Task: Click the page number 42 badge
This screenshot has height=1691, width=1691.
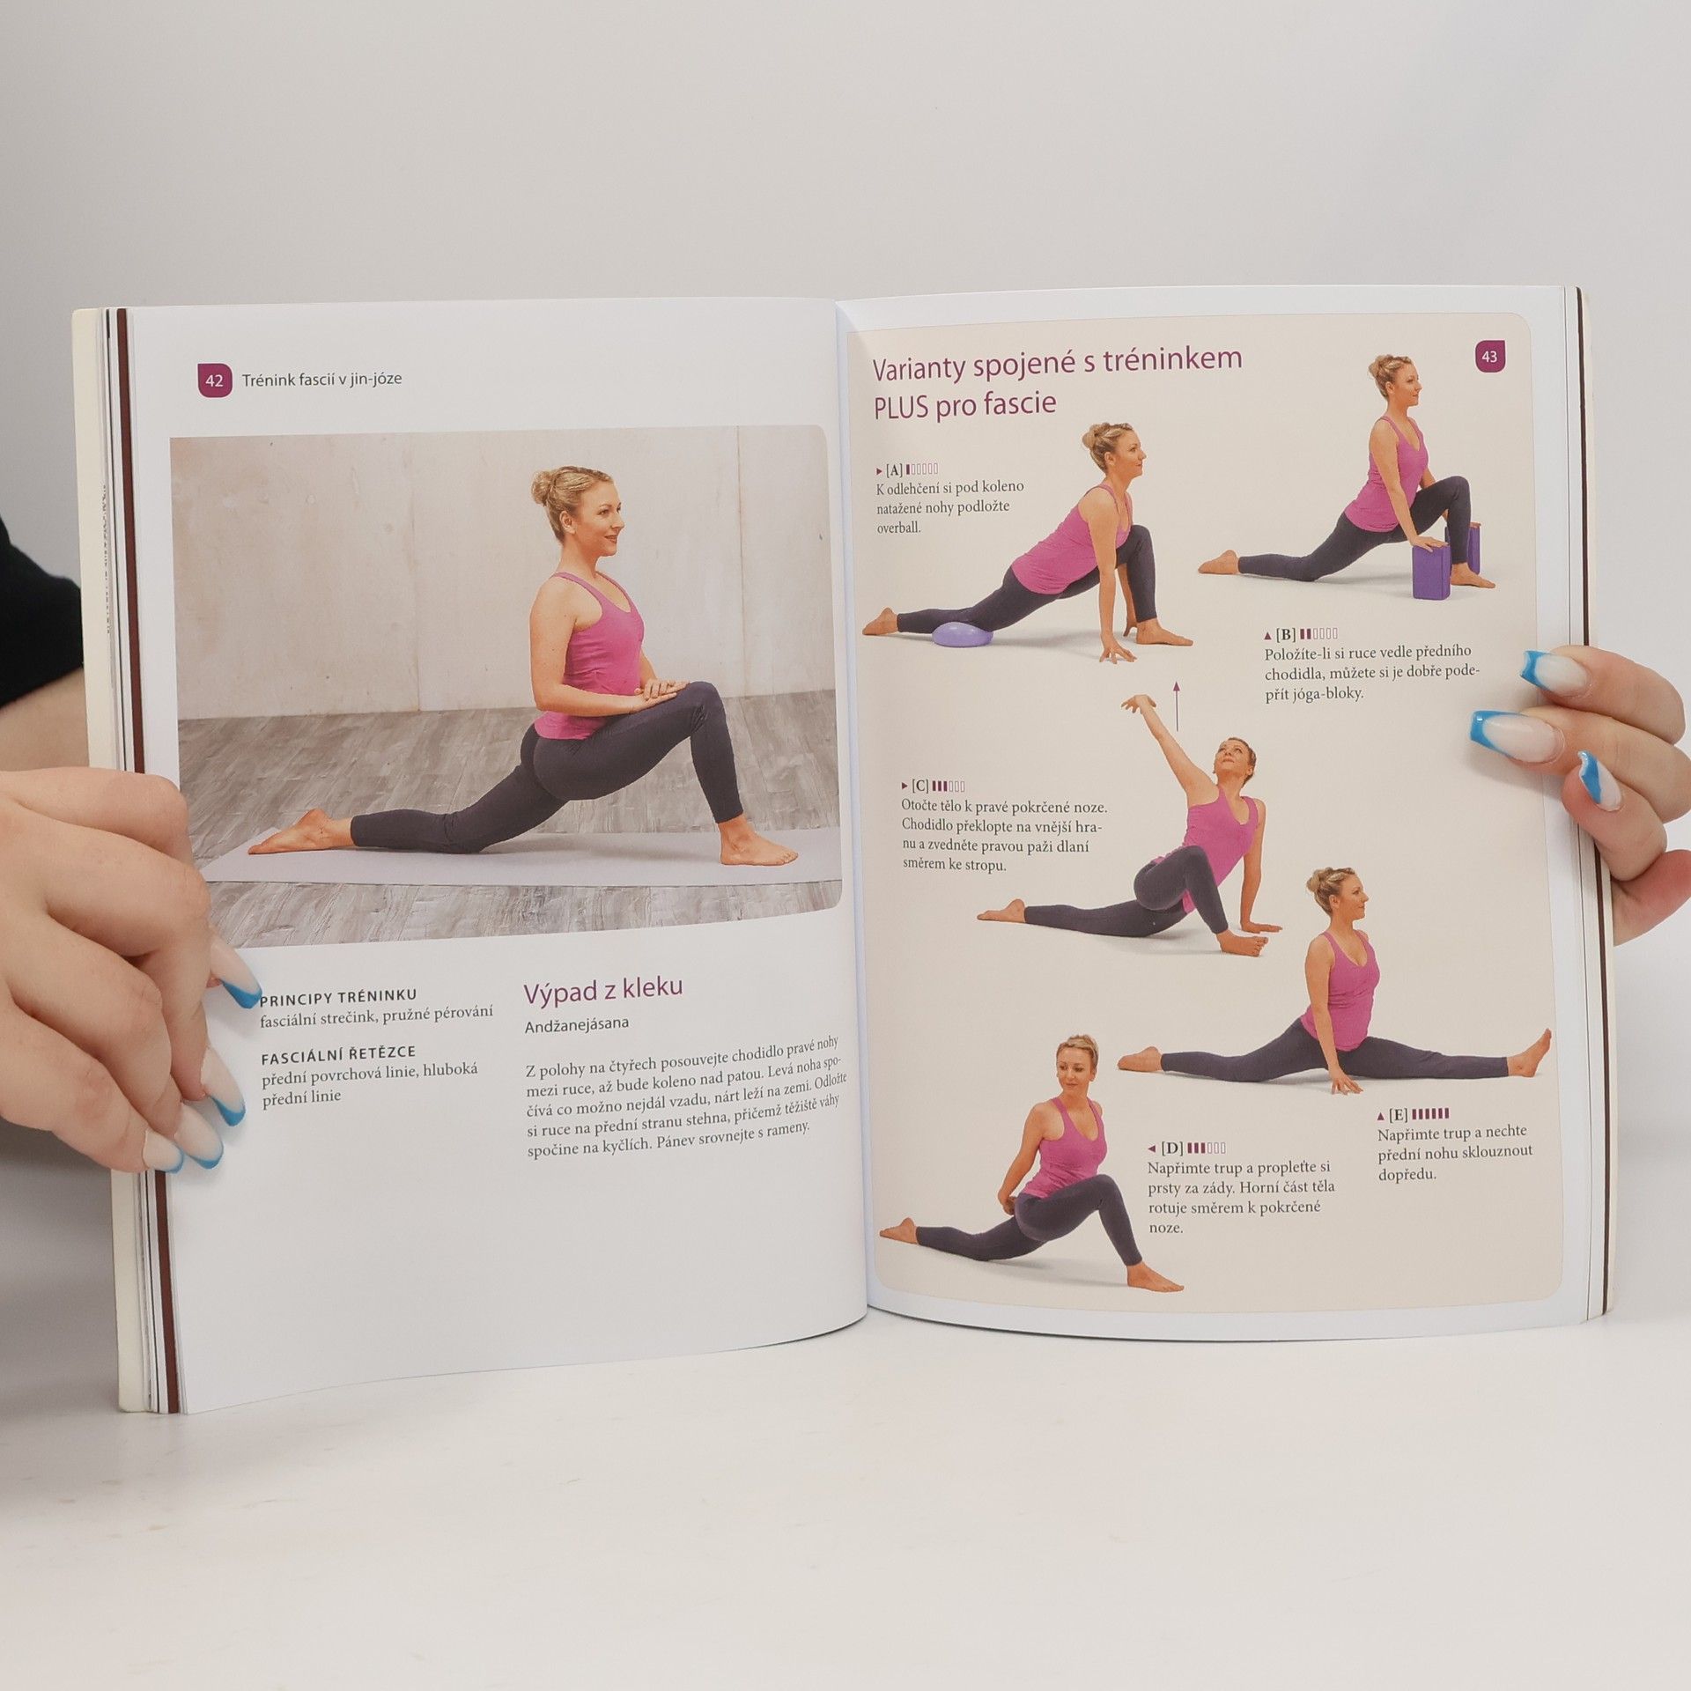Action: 214,380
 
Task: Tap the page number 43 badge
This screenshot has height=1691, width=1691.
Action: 1489,357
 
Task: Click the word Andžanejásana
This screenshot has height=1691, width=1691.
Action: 577,1025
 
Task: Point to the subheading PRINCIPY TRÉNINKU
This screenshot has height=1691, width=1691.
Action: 339,997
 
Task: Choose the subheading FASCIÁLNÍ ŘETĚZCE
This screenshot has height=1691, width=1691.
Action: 339,1052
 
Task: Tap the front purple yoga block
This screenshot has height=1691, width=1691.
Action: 1430,571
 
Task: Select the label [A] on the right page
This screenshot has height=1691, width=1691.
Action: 894,469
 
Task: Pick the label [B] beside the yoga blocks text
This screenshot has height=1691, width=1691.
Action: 1285,634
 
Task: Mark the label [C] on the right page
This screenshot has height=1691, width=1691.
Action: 920,786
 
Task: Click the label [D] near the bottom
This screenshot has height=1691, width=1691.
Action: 1171,1148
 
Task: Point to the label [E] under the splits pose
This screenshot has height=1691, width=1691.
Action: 1398,1115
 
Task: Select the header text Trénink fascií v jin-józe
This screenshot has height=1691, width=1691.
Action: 321,380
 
